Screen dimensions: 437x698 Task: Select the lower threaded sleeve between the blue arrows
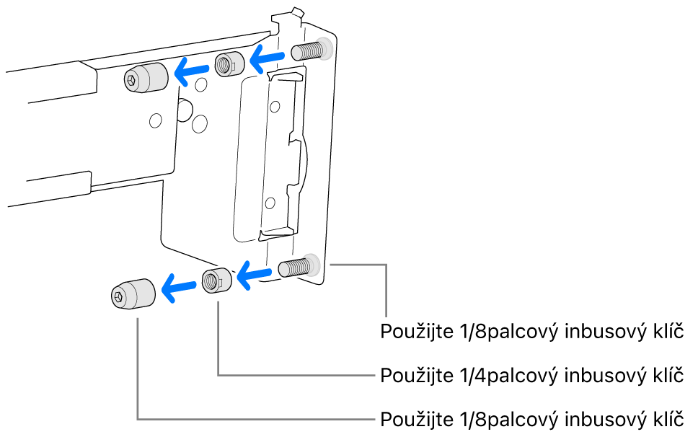[216, 279]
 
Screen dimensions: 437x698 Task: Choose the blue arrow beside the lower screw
[255, 274]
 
